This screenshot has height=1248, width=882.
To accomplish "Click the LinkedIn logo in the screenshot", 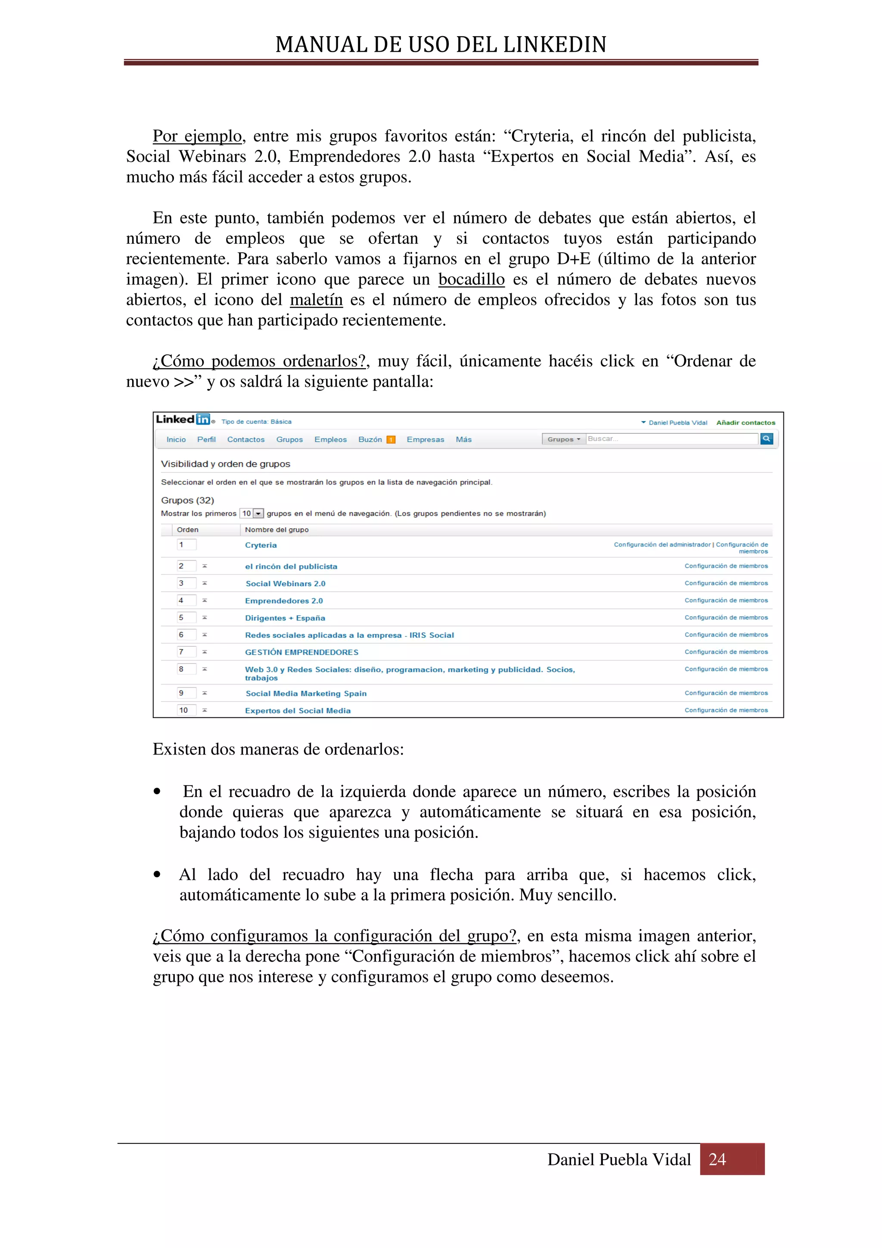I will click(x=183, y=419).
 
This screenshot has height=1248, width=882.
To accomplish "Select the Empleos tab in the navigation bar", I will click(x=330, y=439).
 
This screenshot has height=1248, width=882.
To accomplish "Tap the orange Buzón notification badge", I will click(x=390, y=440).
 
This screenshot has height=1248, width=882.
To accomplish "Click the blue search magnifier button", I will click(x=766, y=439).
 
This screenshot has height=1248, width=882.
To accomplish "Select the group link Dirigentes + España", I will click(x=285, y=618).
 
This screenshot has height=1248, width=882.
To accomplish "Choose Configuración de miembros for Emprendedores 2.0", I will click(x=726, y=601).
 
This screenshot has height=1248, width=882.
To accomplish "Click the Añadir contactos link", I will click(x=745, y=422).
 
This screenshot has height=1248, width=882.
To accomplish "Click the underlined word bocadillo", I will click(x=471, y=279).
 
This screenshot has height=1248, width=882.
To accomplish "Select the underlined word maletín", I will click(x=316, y=300).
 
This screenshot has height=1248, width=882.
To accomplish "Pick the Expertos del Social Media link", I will click(x=297, y=711).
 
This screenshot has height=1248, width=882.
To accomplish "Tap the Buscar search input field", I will click(x=671, y=439).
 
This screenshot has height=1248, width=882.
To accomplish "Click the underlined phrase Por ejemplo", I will click(x=197, y=136).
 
